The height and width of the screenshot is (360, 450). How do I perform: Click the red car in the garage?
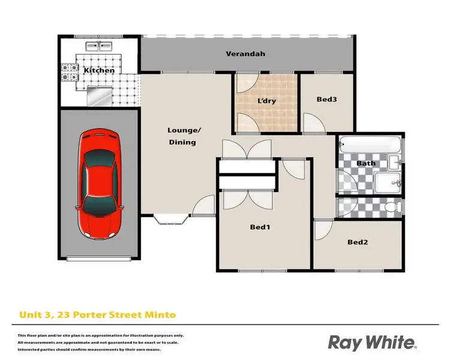(100, 183)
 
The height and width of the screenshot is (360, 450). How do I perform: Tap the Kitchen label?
(99, 71)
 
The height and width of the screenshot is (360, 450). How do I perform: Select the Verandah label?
(245, 54)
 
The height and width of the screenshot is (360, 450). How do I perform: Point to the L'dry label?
(266, 101)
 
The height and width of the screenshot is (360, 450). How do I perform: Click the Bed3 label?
(326, 100)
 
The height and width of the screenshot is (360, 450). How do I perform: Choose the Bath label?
(365, 163)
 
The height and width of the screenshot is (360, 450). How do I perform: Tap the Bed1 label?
(260, 227)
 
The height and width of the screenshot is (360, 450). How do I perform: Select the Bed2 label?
(358, 242)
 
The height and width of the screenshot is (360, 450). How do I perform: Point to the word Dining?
(182, 142)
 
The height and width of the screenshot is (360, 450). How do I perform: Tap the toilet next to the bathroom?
(391, 207)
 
